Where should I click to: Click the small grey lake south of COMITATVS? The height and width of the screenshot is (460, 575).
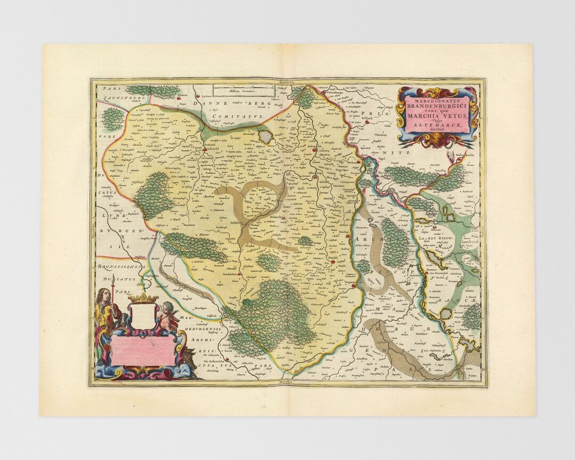265,137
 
